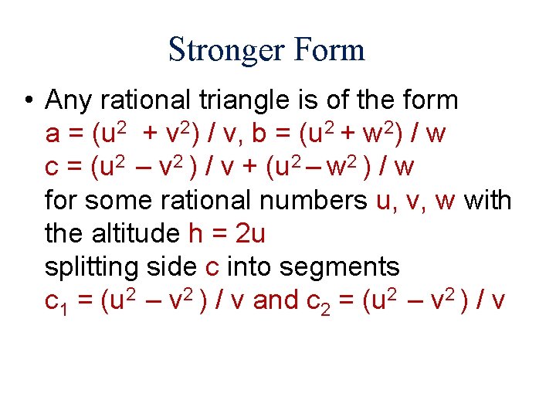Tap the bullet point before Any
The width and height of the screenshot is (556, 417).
28,100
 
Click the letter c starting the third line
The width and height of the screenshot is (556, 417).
53,167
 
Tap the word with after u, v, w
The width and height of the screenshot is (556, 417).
486,200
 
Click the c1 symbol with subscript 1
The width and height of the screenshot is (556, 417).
56,302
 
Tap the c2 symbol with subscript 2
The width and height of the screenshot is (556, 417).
318,302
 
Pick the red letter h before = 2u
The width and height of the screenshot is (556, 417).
195,233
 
